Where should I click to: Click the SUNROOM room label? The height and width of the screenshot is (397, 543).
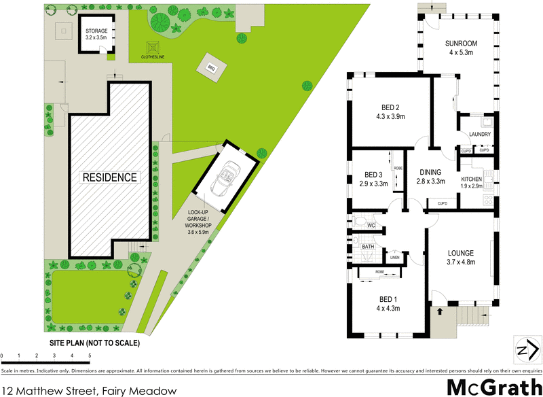point(462,44)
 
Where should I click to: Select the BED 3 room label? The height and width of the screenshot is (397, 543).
point(374,174)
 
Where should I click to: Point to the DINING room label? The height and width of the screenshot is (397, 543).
point(431,172)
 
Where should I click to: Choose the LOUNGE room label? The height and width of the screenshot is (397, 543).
point(460,252)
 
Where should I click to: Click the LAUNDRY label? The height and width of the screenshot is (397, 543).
point(479,134)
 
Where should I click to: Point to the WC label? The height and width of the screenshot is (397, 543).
point(371,225)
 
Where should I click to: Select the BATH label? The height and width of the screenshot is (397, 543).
point(369,247)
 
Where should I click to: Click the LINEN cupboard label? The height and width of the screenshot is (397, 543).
point(395,257)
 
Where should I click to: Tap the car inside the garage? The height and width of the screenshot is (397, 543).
point(224,177)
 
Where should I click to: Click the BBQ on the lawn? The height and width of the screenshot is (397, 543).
point(210,67)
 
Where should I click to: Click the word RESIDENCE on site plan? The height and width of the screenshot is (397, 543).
point(110,177)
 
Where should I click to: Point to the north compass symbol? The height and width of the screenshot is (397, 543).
point(524,350)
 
